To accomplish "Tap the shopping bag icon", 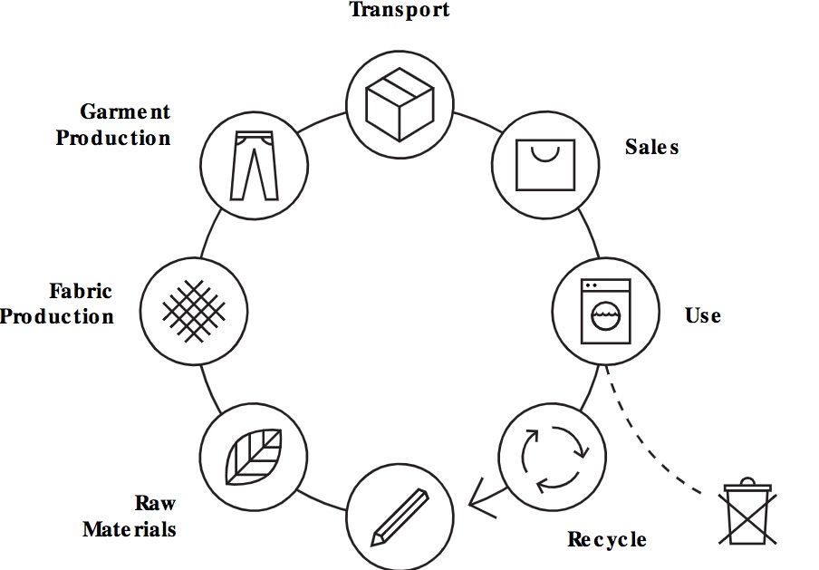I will pyautogui.click(x=544, y=164).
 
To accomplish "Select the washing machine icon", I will pyautogui.click(x=605, y=311).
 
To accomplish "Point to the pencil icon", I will pyautogui.click(x=400, y=517).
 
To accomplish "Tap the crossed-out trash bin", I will pyautogui.click(x=747, y=515).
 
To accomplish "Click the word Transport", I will pyautogui.click(x=400, y=10).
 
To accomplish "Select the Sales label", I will pyautogui.click(x=651, y=147).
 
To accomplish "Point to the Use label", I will pyautogui.click(x=703, y=315).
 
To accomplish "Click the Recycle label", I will pyautogui.click(x=607, y=540).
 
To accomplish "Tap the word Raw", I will pyautogui.click(x=155, y=503).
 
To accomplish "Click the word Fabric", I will pyautogui.click(x=81, y=292).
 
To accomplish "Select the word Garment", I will pyautogui.click(x=125, y=112).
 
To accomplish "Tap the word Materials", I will pyautogui.click(x=130, y=528).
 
